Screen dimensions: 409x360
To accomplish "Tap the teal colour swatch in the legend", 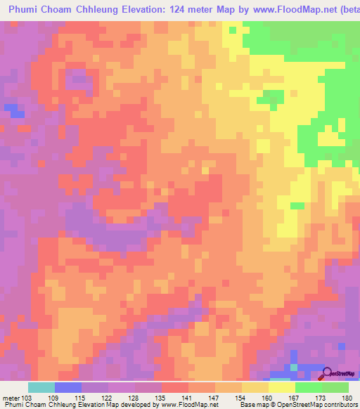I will tap(41, 387).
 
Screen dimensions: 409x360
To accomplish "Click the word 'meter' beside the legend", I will tap(11, 397).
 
